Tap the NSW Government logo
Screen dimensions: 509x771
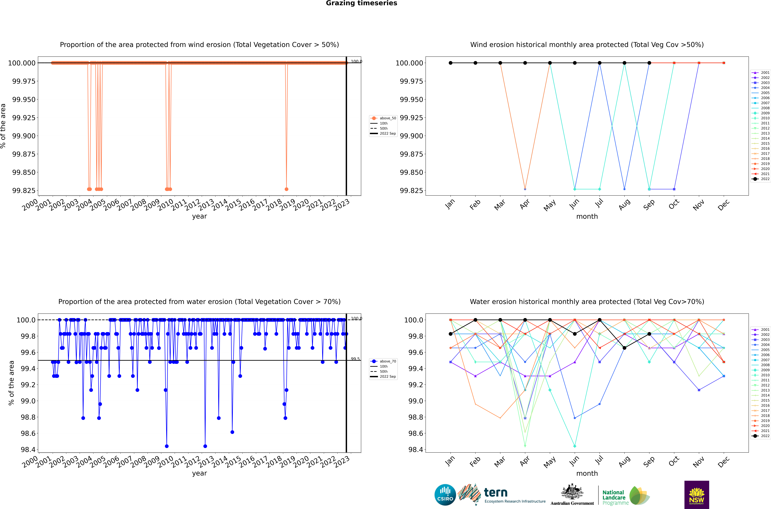pos(697,495)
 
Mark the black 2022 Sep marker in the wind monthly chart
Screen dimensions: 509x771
pos(649,63)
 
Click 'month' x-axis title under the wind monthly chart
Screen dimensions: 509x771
pos(587,217)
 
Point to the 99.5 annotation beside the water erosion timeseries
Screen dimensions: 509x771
pos(355,359)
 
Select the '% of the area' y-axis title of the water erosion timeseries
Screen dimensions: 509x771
pos(11,383)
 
